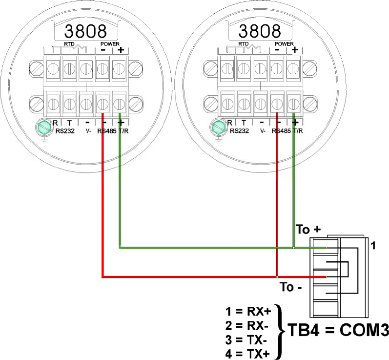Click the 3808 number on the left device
[85, 31]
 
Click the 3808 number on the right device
[260, 31]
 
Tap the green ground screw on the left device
[44, 127]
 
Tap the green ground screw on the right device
[218, 127]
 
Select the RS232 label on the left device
[65, 131]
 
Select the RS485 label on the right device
[281, 131]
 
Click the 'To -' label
[291, 287]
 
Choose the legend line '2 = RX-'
[247, 325]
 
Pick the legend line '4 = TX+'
[247, 354]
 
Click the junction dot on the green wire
[294, 248]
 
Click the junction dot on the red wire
[277, 276]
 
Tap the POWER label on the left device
[110, 44]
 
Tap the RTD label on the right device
[244, 43]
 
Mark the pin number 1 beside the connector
[373, 246]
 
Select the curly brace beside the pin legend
[280, 332]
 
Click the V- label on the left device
[88, 131]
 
